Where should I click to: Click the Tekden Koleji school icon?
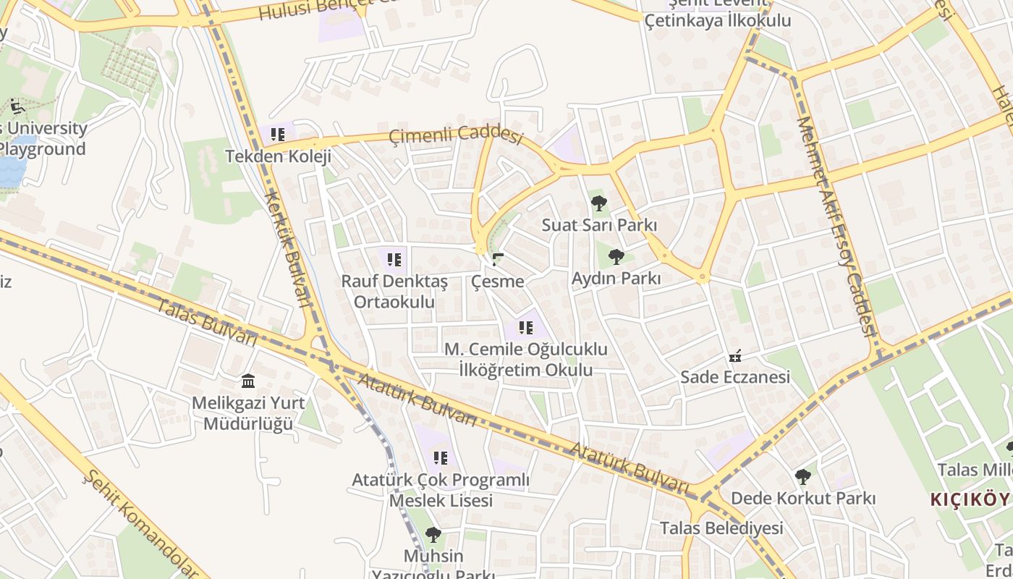278,134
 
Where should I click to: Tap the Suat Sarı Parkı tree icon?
599,203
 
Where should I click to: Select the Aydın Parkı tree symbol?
616,256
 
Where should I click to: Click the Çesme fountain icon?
497,259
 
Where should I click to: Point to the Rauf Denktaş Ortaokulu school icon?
394,259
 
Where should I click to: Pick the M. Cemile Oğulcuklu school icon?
526,327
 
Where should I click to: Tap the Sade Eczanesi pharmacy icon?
735,355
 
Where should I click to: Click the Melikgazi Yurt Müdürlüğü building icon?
248,381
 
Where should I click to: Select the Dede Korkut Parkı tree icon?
802,476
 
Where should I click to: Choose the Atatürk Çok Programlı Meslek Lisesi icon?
441,457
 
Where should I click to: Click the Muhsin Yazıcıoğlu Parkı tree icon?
433,535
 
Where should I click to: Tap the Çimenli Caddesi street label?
455,135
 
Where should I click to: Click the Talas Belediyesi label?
721,528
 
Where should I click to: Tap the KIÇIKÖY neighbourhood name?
969,499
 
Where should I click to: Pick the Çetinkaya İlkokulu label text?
718,20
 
